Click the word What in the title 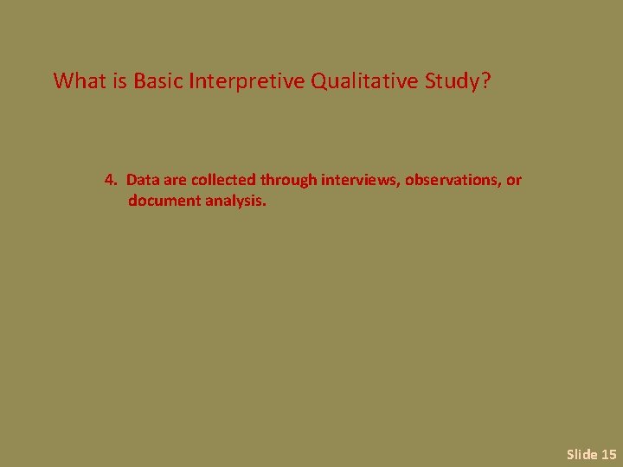coord(77,81)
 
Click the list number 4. coord(109,180)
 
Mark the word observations coord(451,180)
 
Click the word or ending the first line coord(514,180)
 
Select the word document coord(164,201)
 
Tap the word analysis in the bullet coord(234,201)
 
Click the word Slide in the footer coord(581,453)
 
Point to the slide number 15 coord(608,453)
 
